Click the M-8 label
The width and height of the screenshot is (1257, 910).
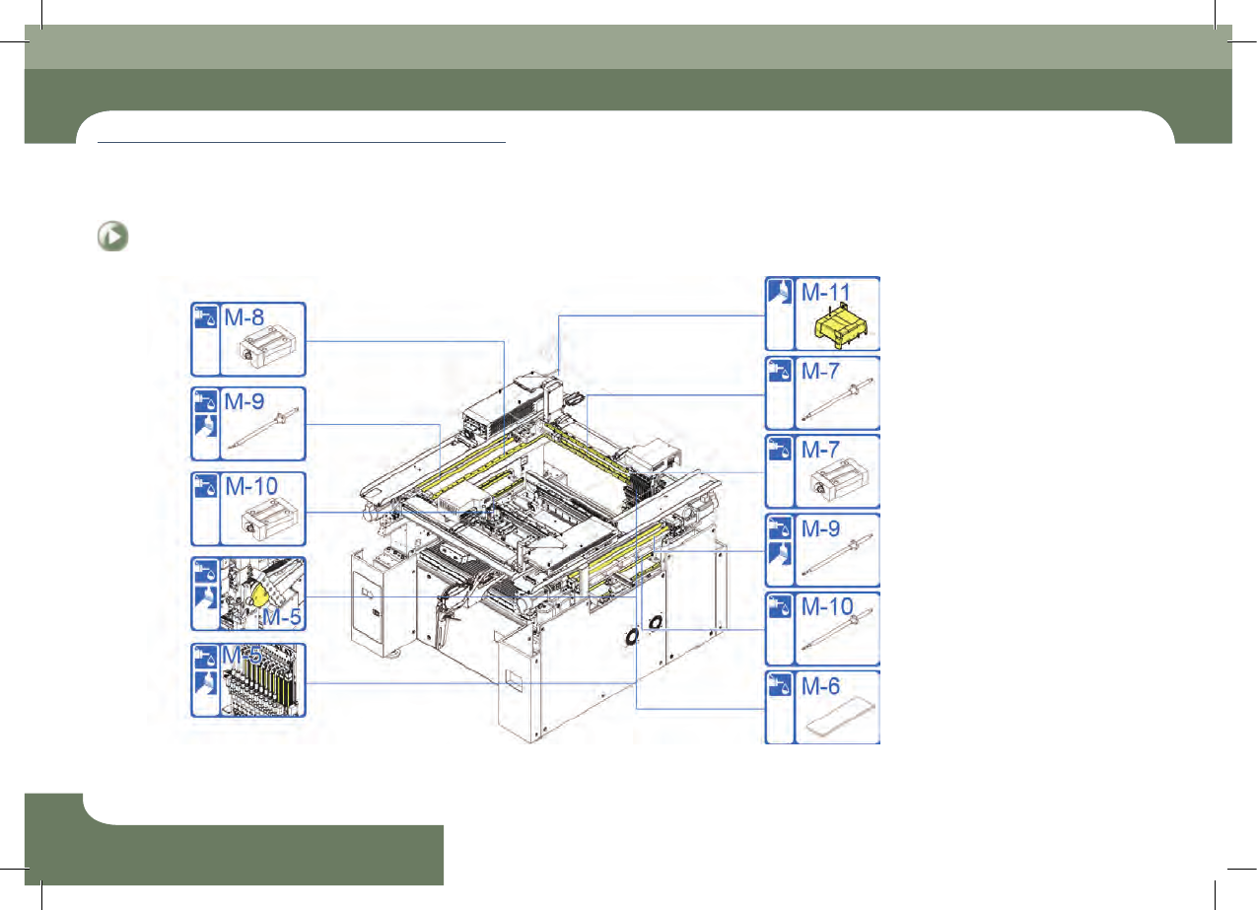click(244, 317)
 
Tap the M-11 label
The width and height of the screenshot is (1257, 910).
click(825, 292)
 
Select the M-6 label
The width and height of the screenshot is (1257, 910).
click(820, 686)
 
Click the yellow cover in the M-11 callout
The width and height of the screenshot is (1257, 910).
click(841, 326)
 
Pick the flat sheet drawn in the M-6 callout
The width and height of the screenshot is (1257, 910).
click(840, 716)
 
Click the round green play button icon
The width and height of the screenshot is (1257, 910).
click(112, 237)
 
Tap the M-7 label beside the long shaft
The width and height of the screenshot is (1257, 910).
click(820, 371)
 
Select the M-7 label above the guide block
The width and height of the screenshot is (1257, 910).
click(820, 450)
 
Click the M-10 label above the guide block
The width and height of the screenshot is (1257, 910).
click(251, 486)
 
